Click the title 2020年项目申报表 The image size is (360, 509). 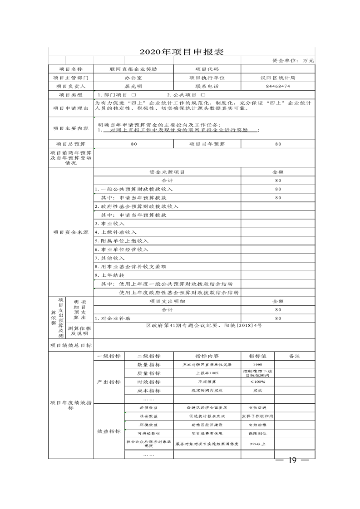[181, 52]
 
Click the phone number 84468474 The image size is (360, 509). [278, 86]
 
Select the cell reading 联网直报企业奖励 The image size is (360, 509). [133, 69]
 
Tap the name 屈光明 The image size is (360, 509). [133, 86]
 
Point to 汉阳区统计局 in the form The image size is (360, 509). [278, 78]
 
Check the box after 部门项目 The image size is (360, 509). [134, 95]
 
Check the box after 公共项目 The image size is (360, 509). [203, 95]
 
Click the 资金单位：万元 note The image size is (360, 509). [293, 60]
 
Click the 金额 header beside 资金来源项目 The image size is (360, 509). [278, 172]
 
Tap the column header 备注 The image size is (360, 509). [294, 356]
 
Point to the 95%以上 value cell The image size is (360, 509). [257, 443]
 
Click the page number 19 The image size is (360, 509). [292, 460]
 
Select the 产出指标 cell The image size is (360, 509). [109, 382]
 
